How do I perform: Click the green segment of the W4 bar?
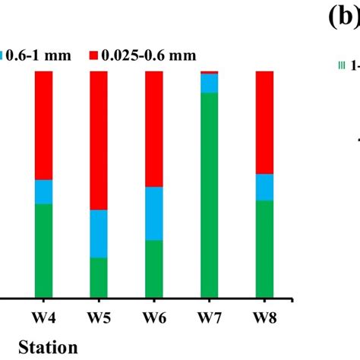click(44, 250)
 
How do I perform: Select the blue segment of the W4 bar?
click(44, 192)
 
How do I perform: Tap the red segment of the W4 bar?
click(44, 125)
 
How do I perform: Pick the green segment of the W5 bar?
click(99, 277)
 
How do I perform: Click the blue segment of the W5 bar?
click(99, 234)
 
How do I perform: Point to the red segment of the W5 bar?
click(99, 141)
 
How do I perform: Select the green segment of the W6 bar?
click(154, 268)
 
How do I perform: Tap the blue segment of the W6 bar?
click(154, 213)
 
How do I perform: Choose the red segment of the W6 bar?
click(154, 129)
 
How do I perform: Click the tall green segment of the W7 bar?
click(209, 194)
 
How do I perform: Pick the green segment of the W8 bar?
click(264, 248)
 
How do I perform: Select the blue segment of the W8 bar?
click(264, 187)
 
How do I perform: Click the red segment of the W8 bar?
click(264, 122)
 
